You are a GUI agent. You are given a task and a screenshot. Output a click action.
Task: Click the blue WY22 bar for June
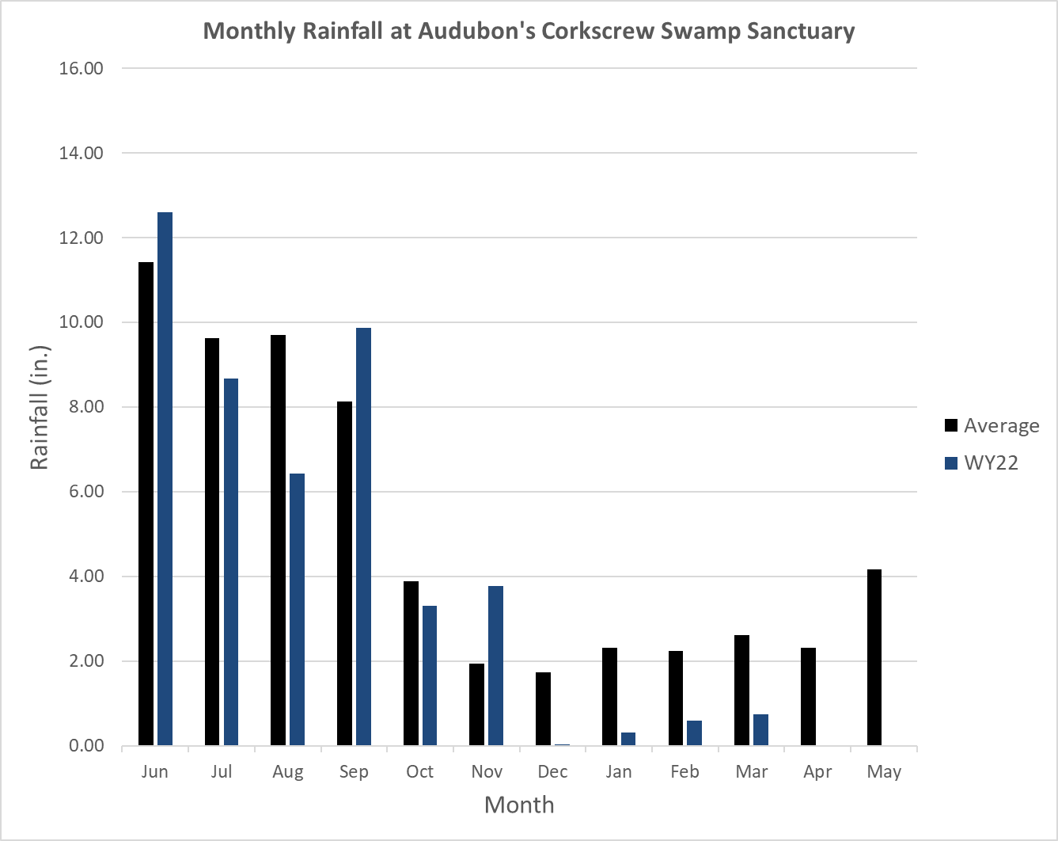165,479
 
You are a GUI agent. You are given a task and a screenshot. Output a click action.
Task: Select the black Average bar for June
146,504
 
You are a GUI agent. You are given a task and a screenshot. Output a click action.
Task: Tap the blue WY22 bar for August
297,610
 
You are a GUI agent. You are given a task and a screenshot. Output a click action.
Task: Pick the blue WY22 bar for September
363,537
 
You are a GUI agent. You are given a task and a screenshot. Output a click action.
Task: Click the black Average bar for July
212,542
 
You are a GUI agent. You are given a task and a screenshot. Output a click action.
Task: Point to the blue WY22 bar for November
495,666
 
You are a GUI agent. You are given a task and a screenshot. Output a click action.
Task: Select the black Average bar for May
874,657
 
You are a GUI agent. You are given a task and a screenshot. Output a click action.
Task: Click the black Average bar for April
808,697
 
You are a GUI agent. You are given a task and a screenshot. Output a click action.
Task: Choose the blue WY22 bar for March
760,730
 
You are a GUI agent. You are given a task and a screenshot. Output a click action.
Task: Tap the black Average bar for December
543,709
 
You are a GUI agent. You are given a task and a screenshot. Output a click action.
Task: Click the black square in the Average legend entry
951,426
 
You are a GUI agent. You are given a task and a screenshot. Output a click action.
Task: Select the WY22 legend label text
991,463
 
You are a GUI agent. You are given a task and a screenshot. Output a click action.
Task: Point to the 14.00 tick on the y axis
81,153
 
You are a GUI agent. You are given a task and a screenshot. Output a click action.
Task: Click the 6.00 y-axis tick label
81,492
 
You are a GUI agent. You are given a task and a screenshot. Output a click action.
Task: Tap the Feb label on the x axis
684,771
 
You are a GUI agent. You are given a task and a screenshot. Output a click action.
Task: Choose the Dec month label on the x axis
552,771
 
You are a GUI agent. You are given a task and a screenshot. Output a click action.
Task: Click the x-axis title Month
519,805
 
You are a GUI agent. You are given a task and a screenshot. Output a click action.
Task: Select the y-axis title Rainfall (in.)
40,407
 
